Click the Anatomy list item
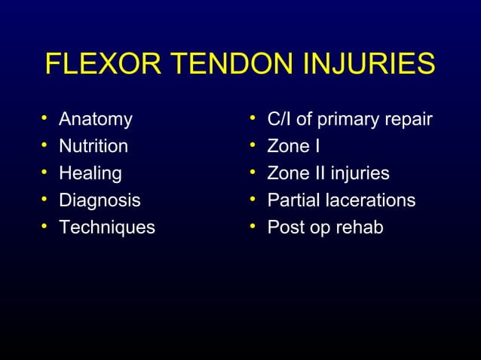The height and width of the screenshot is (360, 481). (x=95, y=119)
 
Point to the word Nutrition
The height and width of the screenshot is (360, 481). (x=93, y=146)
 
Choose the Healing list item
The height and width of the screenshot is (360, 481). (x=90, y=173)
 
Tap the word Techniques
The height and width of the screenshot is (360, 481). (x=106, y=227)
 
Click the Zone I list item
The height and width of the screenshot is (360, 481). (x=293, y=146)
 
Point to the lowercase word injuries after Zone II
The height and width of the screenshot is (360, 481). (x=359, y=174)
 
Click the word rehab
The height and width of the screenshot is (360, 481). (x=359, y=227)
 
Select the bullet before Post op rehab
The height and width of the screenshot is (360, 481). (x=254, y=227)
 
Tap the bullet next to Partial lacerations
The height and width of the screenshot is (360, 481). (x=254, y=200)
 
